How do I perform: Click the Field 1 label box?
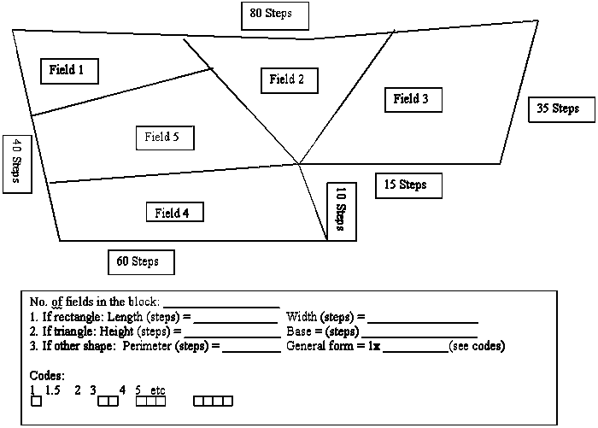click(69, 71)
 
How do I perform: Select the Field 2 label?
click(287, 79)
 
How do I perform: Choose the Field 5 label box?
click(165, 137)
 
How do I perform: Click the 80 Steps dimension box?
click(274, 15)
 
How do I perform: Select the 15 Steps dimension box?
click(408, 185)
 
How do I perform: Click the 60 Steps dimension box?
click(142, 261)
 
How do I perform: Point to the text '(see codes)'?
click(477, 346)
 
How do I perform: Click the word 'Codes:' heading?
click(47, 376)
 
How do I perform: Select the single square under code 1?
click(36, 401)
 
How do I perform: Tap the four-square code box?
click(213, 401)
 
